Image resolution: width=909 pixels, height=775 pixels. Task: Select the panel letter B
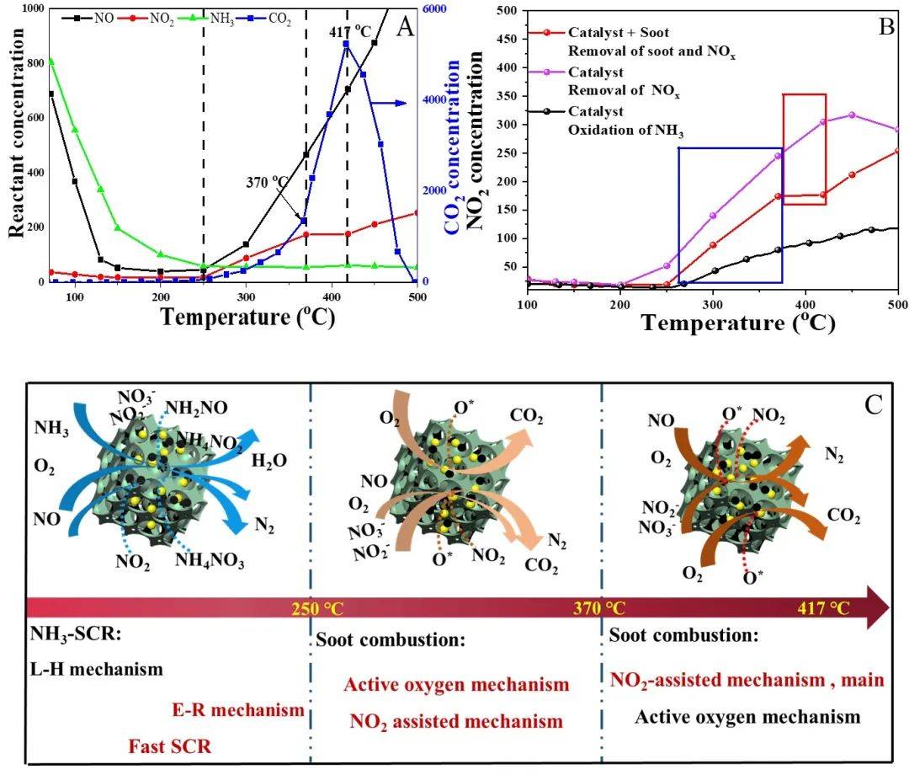coord(886,25)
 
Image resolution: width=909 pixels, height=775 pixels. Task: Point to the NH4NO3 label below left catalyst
coord(210,562)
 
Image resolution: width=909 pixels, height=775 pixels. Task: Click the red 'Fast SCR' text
coord(171,746)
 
